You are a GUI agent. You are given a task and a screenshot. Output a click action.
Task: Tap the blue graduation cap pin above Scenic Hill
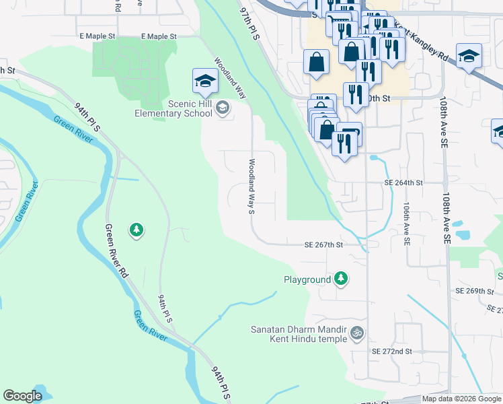205,81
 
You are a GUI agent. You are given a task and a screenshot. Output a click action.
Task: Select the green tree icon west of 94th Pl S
137,230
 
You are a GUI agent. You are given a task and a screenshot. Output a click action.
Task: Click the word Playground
307,279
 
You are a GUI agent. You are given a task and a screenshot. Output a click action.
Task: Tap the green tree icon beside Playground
341,278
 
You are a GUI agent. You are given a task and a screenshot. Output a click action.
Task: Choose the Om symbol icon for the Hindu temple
357,332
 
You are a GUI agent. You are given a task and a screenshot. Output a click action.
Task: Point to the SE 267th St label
323,245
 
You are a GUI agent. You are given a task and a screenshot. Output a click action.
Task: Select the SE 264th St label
403,182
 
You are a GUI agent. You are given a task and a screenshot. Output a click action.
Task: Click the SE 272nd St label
391,351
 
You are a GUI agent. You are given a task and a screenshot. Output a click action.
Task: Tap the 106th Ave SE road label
406,222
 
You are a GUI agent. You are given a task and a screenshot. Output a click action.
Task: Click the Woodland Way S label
251,187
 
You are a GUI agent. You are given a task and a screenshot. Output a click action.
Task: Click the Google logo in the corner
22,396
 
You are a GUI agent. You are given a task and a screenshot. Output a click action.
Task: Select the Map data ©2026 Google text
461,399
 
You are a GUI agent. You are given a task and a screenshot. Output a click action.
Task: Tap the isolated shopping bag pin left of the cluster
316,63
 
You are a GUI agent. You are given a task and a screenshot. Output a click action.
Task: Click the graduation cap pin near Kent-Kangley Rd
469,57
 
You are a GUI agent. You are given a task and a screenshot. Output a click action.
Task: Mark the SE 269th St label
474,290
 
